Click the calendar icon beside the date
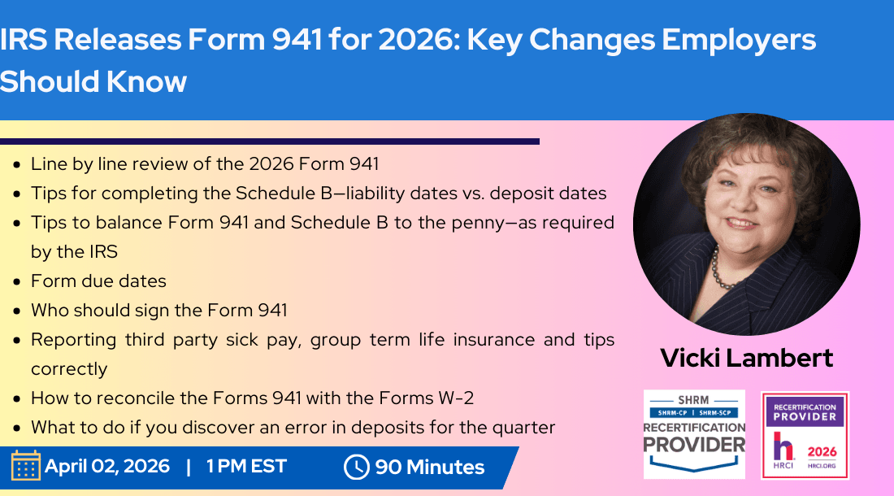tap(25, 466)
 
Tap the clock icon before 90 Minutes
tap(356, 467)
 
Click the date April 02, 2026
tap(107, 467)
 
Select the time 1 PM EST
tap(246, 467)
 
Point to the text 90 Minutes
tap(429, 468)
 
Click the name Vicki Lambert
tap(746, 358)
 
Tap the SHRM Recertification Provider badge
tap(694, 434)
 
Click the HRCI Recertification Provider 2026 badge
tap(805, 436)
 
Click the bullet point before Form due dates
tap(18, 282)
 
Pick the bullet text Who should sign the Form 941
tap(158, 311)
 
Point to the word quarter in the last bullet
tap(524, 428)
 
